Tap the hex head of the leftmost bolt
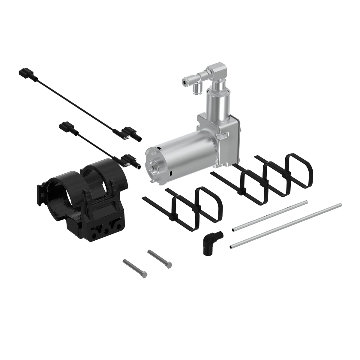point(144,274)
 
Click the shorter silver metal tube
point(270,215)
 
